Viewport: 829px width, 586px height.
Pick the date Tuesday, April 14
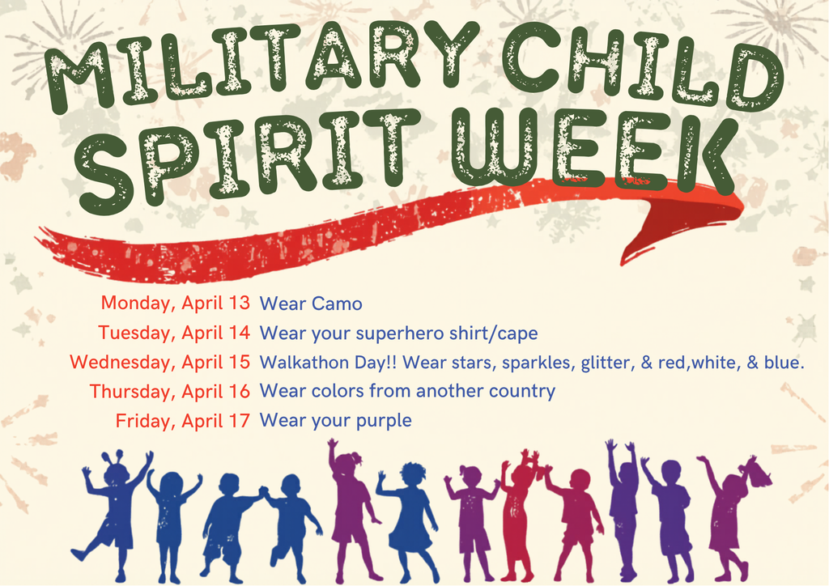pyautogui.click(x=174, y=333)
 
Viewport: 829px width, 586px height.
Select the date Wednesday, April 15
pyautogui.click(x=159, y=363)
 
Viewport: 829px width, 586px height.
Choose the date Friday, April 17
pyautogui.click(x=183, y=421)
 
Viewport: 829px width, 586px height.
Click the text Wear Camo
pyautogui.click(x=310, y=304)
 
